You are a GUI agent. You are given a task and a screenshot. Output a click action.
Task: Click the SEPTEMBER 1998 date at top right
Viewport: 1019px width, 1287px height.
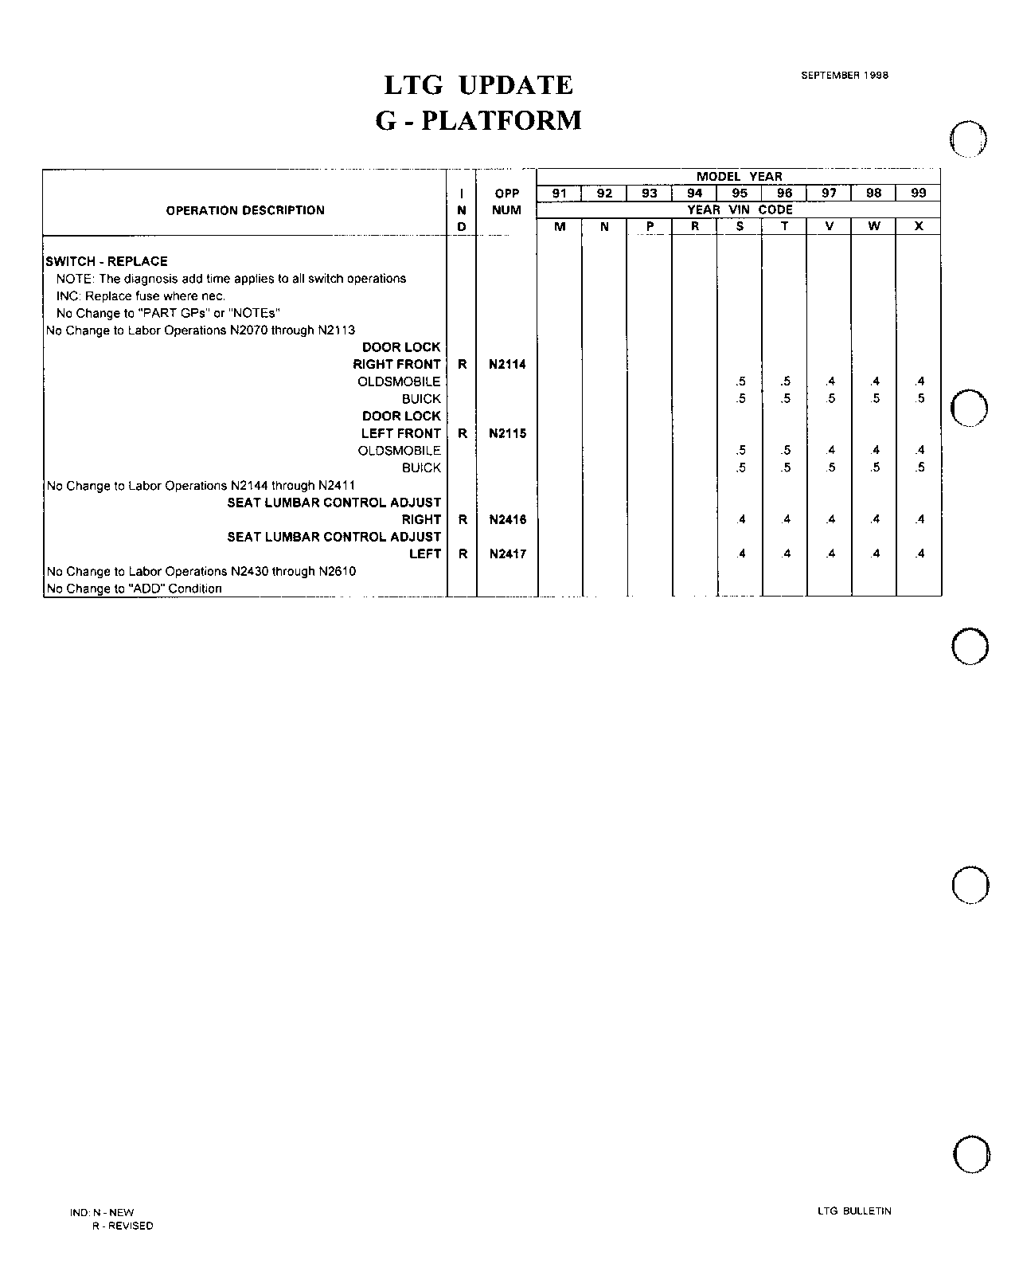tap(844, 76)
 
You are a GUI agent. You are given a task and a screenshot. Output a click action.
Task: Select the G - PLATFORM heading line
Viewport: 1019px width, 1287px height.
tap(478, 121)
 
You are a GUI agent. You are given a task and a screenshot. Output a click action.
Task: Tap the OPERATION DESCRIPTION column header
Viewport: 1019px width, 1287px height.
tap(245, 210)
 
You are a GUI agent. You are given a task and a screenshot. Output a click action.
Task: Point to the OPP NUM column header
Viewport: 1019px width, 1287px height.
tap(507, 201)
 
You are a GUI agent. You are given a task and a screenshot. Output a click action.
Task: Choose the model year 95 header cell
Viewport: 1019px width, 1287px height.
tap(740, 193)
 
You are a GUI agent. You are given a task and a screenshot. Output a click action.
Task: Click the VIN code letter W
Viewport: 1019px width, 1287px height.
tap(874, 226)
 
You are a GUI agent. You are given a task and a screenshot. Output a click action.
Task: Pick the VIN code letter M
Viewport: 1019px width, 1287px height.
tap(560, 226)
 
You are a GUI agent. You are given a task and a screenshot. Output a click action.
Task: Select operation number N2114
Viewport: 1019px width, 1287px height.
tap(508, 365)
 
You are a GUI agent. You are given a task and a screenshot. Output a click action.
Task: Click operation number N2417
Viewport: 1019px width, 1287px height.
tap(508, 554)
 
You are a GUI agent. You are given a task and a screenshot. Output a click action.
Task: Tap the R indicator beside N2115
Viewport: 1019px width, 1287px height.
tap(463, 434)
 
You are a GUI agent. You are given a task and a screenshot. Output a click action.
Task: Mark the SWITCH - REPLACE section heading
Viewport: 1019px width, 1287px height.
tap(107, 261)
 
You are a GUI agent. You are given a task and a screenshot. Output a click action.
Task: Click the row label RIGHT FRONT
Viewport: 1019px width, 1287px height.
tap(396, 365)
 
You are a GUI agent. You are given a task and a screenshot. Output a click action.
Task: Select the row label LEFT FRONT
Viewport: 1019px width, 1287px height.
tap(400, 434)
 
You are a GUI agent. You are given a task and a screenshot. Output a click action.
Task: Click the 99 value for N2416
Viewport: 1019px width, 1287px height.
tap(919, 520)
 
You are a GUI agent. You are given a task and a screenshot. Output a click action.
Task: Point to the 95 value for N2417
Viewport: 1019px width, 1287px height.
tap(740, 554)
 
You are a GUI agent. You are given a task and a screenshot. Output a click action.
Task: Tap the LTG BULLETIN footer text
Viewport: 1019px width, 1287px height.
tap(854, 1211)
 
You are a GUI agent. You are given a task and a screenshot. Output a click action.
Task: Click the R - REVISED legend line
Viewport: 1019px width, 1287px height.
tap(123, 1226)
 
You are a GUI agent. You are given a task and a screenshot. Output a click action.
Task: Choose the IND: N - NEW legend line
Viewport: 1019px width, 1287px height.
tap(102, 1212)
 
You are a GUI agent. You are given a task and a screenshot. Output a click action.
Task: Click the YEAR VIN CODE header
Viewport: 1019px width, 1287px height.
tap(740, 210)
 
